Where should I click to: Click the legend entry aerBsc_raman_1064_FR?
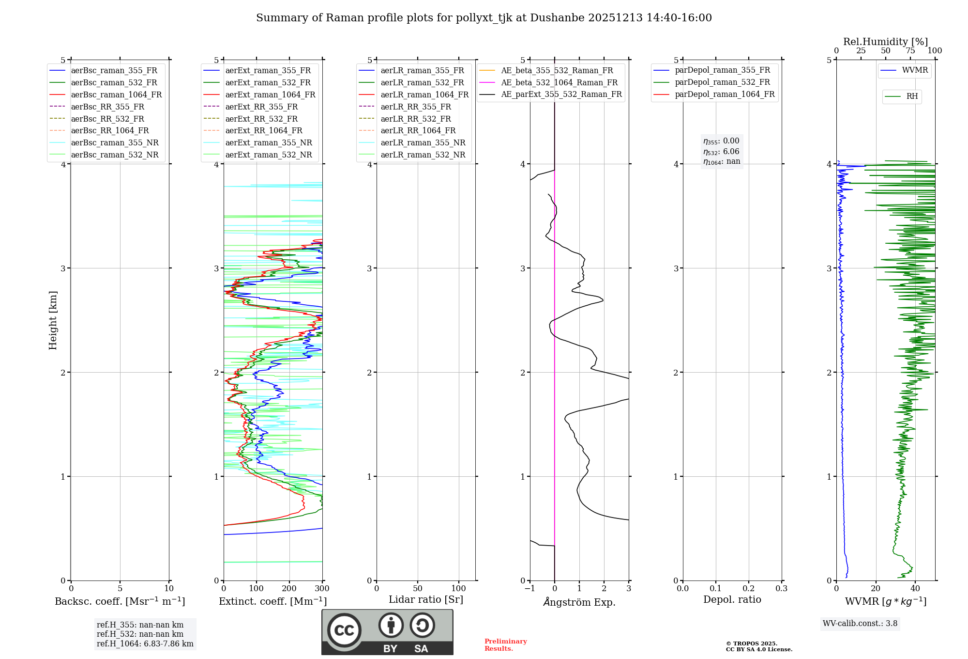[x=116, y=95]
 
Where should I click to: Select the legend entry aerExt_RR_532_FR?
[x=261, y=119]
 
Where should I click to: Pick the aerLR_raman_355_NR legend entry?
[x=423, y=143]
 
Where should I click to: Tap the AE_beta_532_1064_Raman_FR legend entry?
[x=559, y=83]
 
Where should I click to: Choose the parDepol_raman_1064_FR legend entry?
[x=725, y=94]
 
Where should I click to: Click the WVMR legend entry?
[x=915, y=71]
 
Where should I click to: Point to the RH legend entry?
[x=912, y=96]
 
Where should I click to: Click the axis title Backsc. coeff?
[x=120, y=601]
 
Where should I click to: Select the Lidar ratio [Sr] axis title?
[x=426, y=600]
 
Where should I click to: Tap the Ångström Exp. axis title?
[x=579, y=602]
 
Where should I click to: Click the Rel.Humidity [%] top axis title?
[x=885, y=42]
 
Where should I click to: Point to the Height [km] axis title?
[x=53, y=320]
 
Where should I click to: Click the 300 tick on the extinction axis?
[x=322, y=589]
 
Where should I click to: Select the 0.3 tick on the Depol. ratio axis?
[x=781, y=589]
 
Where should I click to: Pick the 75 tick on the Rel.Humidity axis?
[x=910, y=51]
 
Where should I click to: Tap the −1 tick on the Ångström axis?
[x=529, y=589]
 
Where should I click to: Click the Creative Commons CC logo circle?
[x=344, y=630]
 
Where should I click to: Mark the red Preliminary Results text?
[x=505, y=645]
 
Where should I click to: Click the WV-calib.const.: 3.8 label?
[x=860, y=624]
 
